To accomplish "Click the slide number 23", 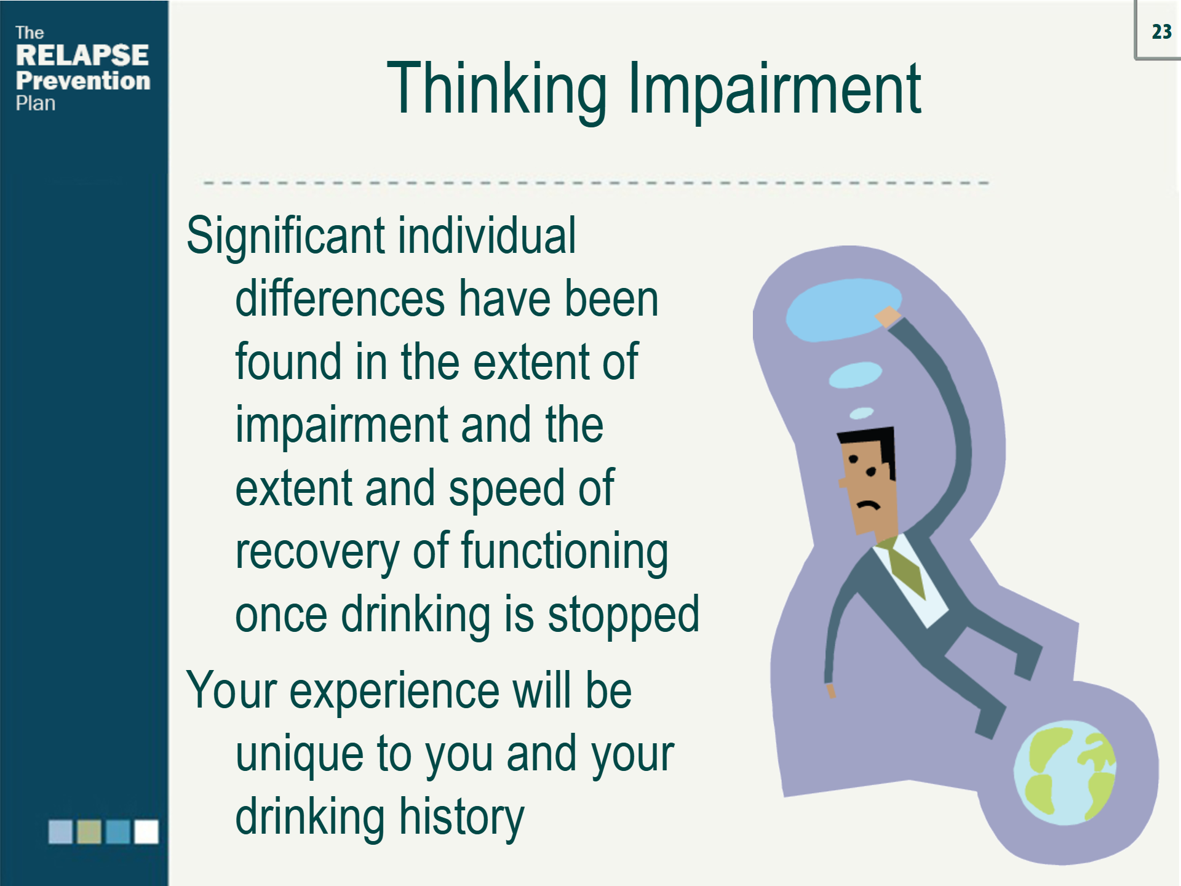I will (x=1161, y=31).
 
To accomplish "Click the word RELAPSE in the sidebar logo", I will (x=82, y=55).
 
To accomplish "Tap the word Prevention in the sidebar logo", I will (x=83, y=81).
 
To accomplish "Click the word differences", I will (x=339, y=299).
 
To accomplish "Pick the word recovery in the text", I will (x=317, y=551).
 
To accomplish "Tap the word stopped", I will (x=623, y=615).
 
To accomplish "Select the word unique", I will (x=301, y=754).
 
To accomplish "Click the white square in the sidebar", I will (x=146, y=832).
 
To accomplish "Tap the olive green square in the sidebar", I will (x=89, y=832).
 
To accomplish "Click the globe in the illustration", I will (x=1064, y=773).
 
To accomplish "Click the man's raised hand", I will (x=887, y=317).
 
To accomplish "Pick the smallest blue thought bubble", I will (x=862, y=412).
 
